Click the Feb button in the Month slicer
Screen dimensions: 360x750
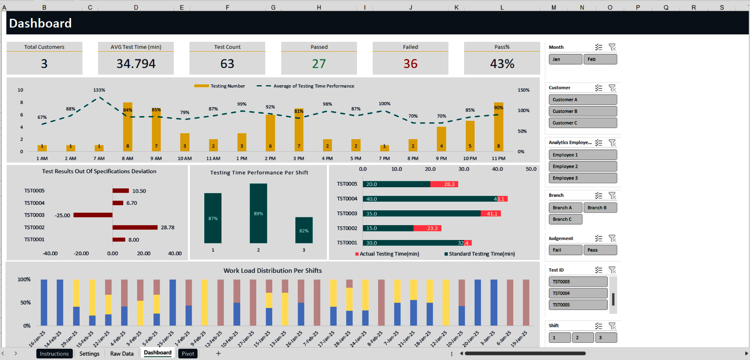pos(600,59)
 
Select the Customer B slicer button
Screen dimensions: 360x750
pos(582,111)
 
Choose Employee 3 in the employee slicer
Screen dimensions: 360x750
pos(582,178)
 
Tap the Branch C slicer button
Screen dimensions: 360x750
pos(565,219)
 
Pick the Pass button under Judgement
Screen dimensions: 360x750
pos(600,250)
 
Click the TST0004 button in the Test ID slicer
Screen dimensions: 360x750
pos(578,293)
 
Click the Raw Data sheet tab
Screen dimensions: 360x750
pos(121,354)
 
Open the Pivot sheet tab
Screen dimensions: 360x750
pos(188,354)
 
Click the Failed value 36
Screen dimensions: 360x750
pos(410,64)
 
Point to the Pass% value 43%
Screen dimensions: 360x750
pos(502,64)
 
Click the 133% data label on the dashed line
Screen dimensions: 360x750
pos(99,90)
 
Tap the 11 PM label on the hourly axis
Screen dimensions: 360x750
pos(498,159)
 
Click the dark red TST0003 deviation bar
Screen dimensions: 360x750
pos(93,215)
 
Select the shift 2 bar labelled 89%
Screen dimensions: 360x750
pos(258,213)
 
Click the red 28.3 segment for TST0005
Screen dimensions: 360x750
pos(444,184)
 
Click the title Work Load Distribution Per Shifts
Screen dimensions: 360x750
pos(272,270)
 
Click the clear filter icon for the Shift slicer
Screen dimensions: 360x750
pos(612,326)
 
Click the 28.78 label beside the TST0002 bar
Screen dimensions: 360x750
pos(168,227)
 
